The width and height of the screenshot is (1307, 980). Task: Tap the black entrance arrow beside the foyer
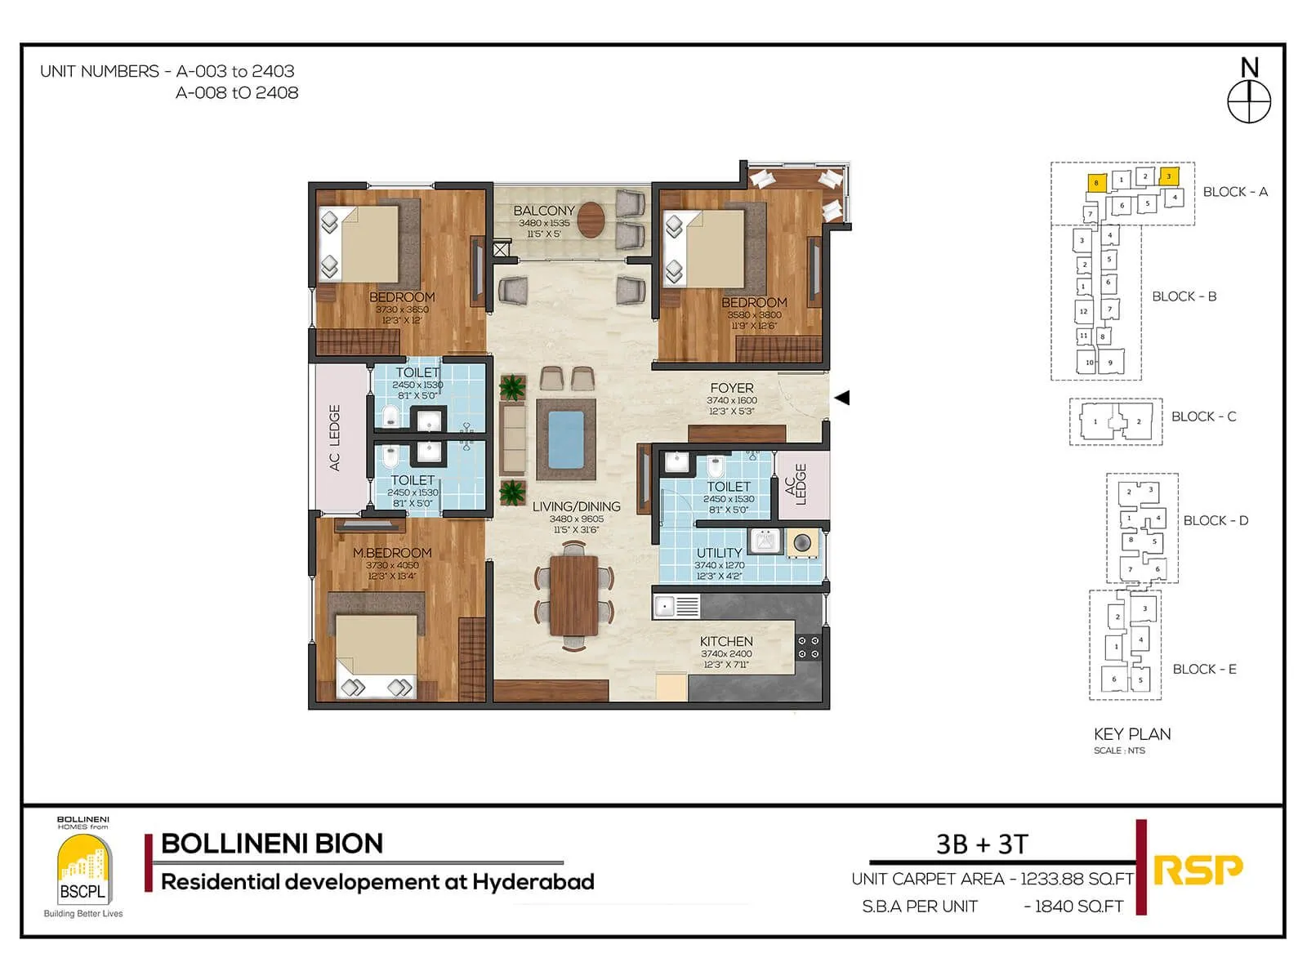[x=842, y=398]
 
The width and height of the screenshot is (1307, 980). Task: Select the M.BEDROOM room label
[x=392, y=553]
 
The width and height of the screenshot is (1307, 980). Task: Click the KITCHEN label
[x=726, y=641]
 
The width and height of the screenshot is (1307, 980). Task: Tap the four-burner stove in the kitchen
[x=809, y=648]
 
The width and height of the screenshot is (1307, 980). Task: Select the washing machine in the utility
[x=802, y=542]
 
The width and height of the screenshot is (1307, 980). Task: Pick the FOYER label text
[x=732, y=388]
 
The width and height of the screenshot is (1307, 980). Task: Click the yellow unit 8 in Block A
[x=1096, y=183]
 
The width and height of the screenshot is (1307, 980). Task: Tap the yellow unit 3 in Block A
[x=1169, y=176]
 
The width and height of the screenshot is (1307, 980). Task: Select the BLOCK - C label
[x=1203, y=416]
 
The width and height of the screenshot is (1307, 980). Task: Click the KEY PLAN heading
[x=1132, y=734]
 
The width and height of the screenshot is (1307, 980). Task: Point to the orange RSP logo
[x=1198, y=871]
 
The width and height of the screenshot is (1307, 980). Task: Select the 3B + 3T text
[x=982, y=844]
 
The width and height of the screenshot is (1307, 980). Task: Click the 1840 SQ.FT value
[x=1078, y=906]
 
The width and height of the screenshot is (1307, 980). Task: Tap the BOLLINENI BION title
[x=272, y=844]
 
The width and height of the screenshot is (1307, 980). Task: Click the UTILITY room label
[x=719, y=553]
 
